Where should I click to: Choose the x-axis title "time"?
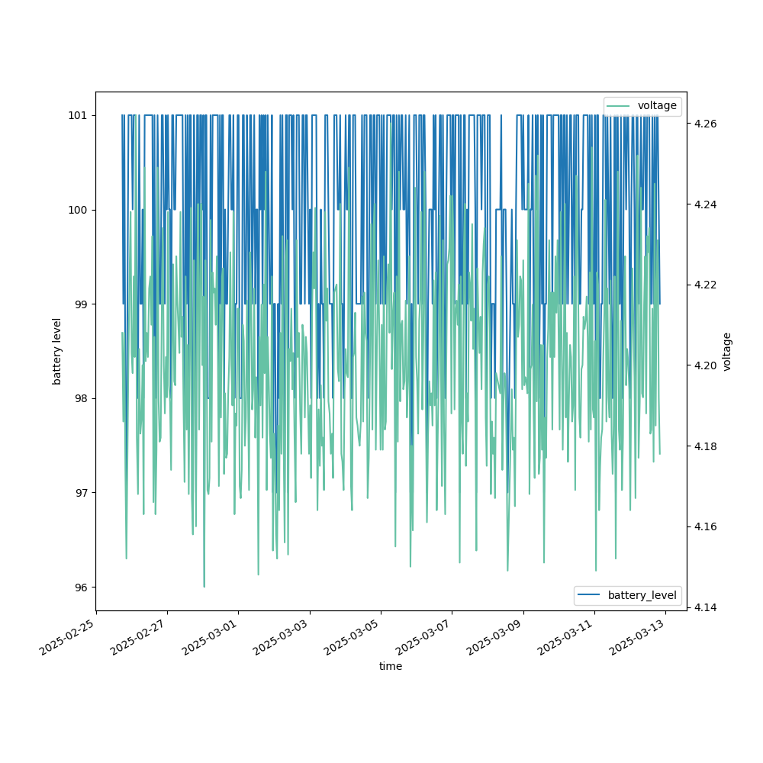click(x=391, y=666)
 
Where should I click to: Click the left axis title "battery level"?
click(x=56, y=351)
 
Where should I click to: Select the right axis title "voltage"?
click(x=727, y=351)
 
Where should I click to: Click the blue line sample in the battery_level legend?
click(x=590, y=595)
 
